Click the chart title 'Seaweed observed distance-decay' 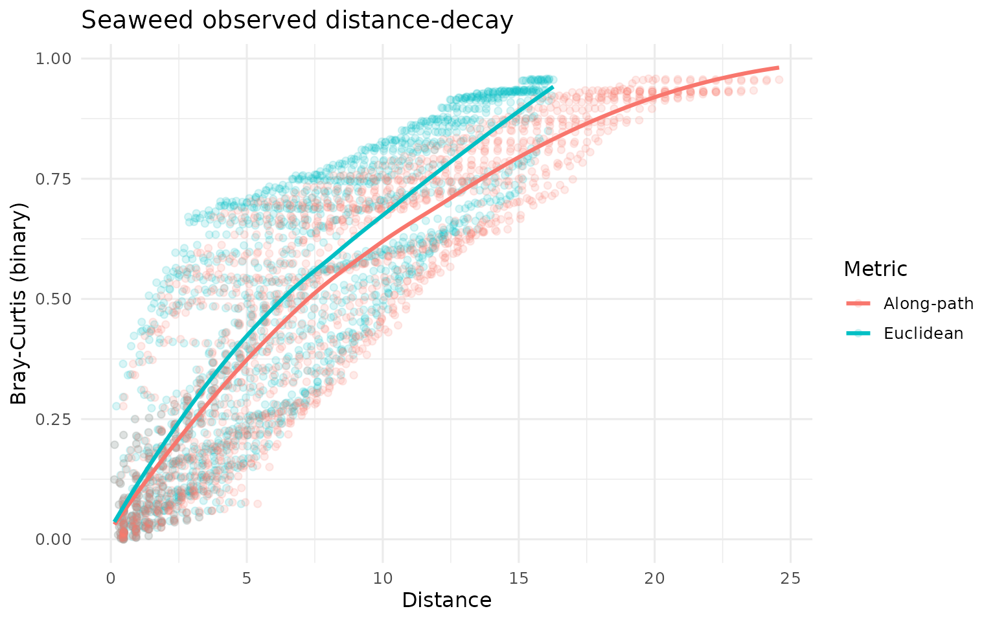click(x=297, y=21)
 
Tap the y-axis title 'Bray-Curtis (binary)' click(x=19, y=303)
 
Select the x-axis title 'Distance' click(x=446, y=601)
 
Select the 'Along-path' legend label click(x=928, y=304)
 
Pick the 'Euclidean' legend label click(x=923, y=334)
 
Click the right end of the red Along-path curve click(x=777, y=67)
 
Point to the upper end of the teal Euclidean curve click(x=553, y=87)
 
